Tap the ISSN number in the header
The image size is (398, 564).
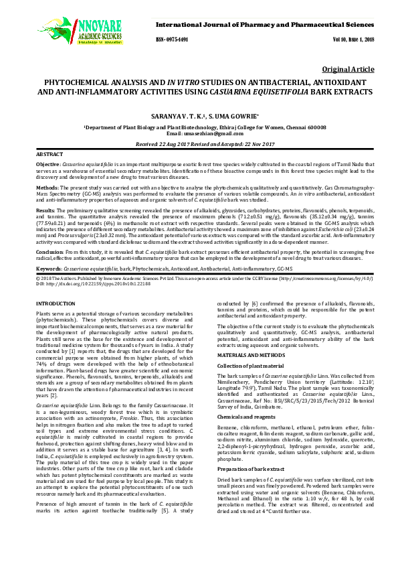(x=173, y=40)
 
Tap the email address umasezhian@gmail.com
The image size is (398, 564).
(x=213, y=134)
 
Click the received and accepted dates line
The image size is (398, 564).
(x=199, y=144)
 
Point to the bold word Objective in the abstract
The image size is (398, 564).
(x=47, y=164)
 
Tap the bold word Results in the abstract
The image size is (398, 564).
(x=45, y=210)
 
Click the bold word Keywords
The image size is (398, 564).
(x=47, y=268)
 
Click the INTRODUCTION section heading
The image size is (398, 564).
(x=56, y=304)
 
